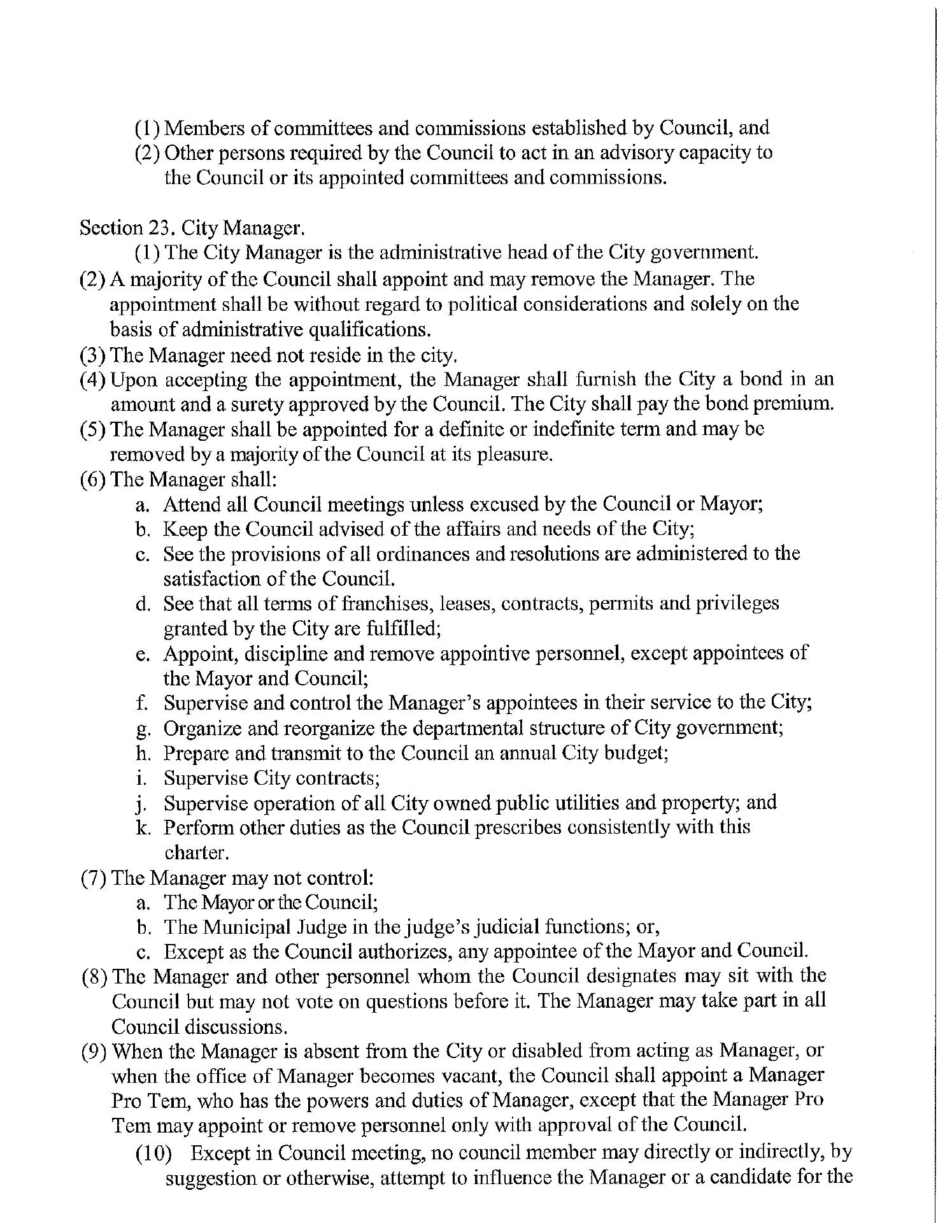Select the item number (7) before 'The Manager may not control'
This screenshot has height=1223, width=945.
94,878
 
